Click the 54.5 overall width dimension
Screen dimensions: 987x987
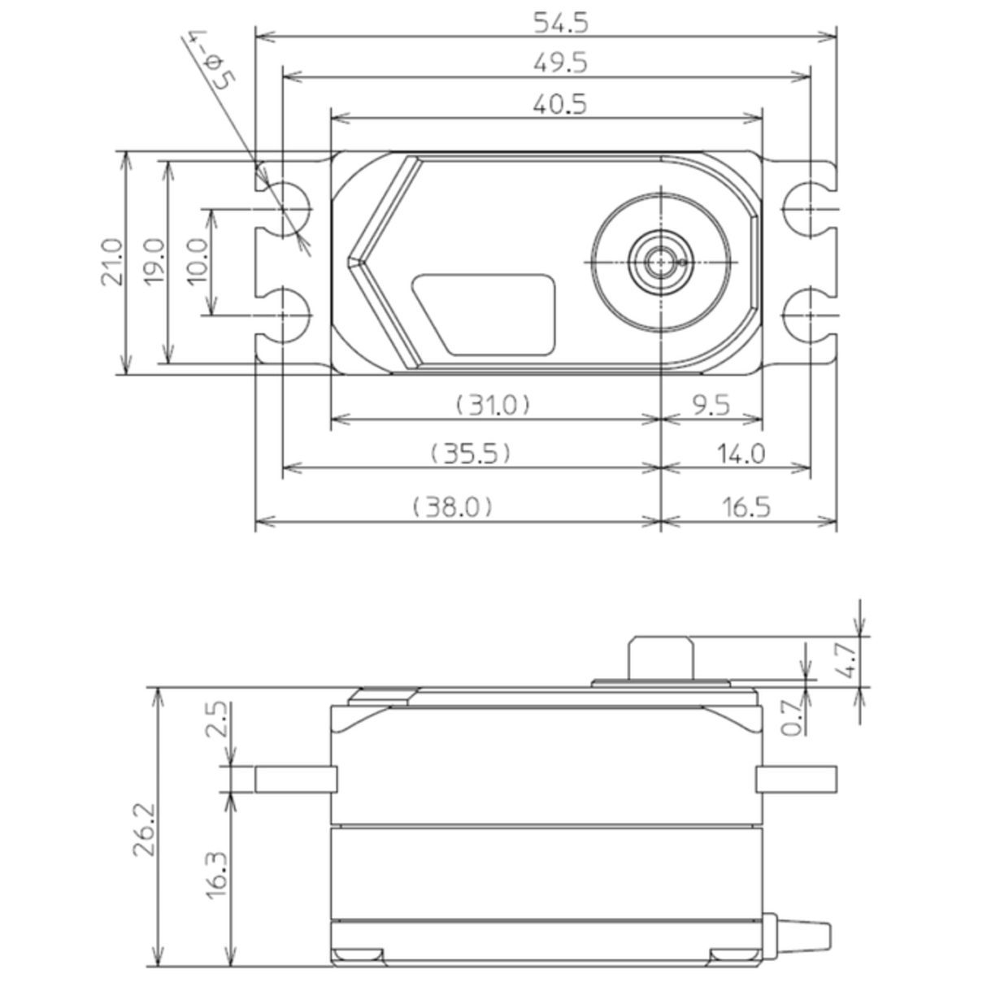(x=560, y=23)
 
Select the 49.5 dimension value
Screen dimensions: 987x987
(x=560, y=63)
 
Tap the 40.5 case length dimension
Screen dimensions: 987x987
(x=560, y=105)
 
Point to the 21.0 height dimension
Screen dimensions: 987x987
(x=111, y=262)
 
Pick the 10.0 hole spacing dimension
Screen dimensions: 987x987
(x=198, y=262)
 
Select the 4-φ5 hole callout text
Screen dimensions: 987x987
(x=211, y=60)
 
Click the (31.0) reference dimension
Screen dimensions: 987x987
(x=493, y=404)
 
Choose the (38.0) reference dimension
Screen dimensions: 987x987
(x=452, y=507)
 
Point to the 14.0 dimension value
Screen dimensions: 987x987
(x=740, y=453)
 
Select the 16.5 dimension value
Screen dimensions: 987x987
(x=745, y=507)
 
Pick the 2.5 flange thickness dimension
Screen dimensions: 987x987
(x=217, y=720)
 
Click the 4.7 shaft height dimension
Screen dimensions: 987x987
(x=845, y=660)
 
